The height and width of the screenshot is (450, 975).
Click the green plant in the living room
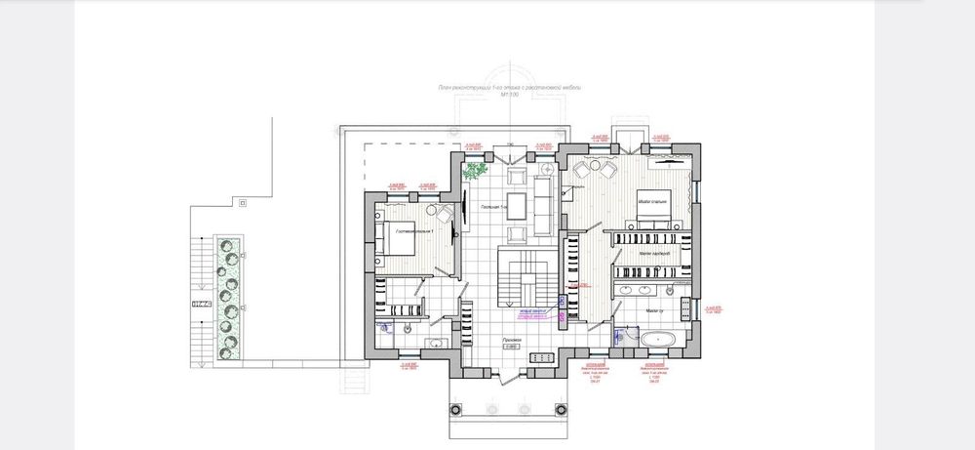(476, 172)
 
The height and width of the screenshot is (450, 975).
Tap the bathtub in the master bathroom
(660, 338)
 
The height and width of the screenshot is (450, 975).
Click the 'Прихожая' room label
(513, 340)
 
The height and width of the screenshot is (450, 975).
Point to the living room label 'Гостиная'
(489, 208)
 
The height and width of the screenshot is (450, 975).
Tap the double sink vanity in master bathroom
(637, 290)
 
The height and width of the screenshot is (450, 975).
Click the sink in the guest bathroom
(436, 343)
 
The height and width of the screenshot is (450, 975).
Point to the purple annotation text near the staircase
(535, 314)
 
